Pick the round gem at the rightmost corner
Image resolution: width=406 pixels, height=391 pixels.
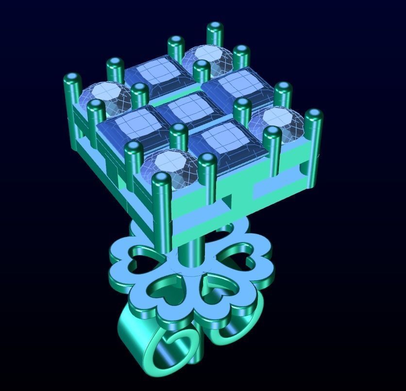click(x=278, y=122)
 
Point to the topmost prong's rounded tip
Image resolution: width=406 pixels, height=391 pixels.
click(x=215, y=27)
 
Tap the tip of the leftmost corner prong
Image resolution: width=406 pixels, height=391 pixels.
click(x=72, y=79)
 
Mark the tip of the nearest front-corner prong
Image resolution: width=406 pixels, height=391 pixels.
click(x=161, y=179)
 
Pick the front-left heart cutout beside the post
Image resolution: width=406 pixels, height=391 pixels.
click(x=165, y=289)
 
